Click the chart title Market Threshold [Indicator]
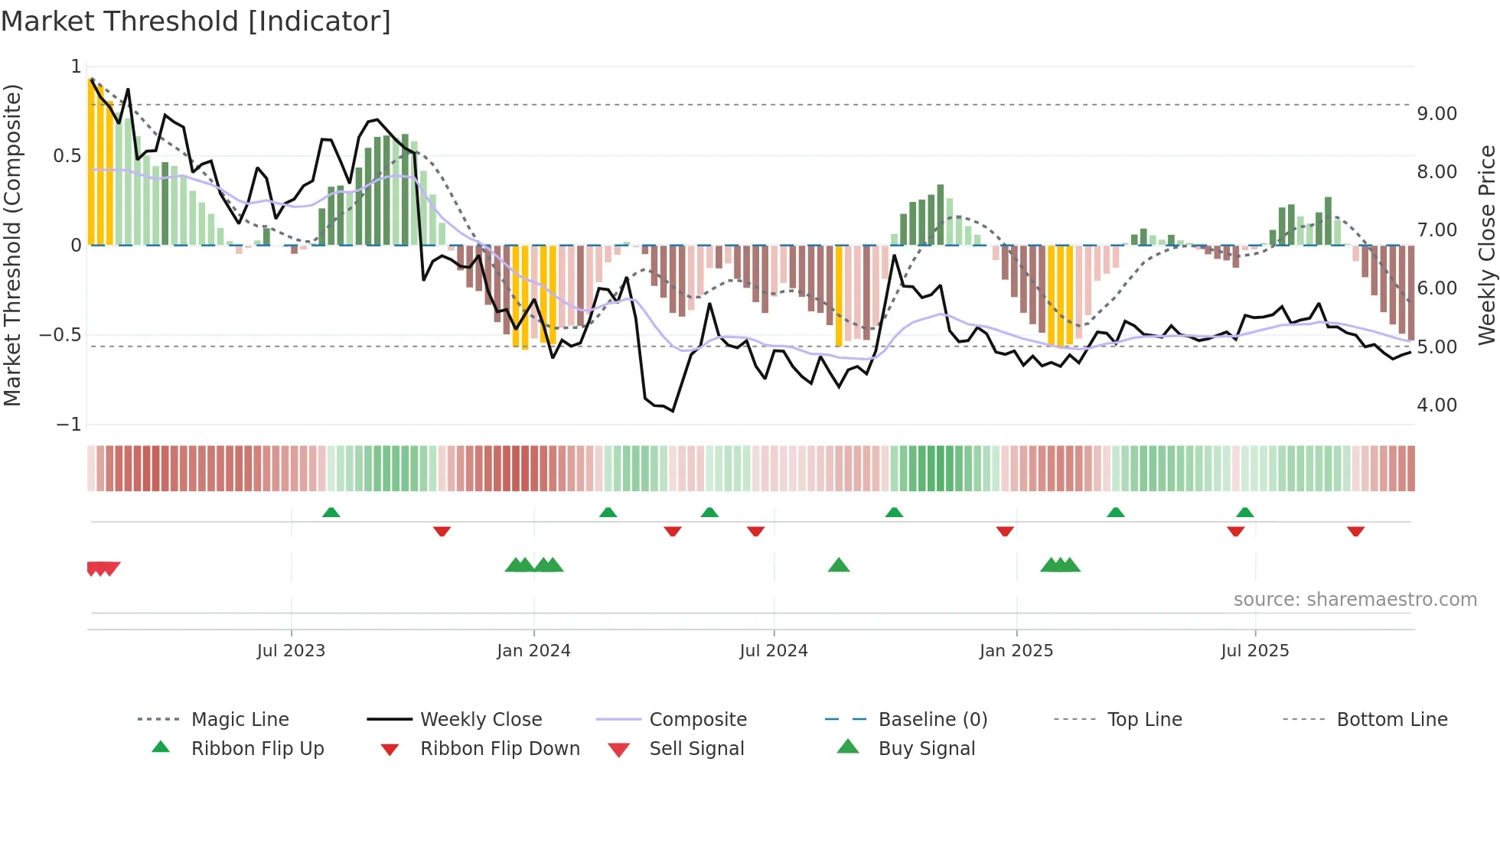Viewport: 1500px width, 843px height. point(196,21)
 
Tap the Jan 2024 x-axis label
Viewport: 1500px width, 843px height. point(533,651)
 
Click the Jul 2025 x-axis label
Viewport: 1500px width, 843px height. point(1254,651)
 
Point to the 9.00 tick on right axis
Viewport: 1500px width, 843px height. point(1436,114)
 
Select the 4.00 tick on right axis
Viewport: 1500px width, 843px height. point(1436,405)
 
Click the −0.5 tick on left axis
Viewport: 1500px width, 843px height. point(60,335)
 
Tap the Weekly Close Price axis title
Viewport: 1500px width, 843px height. point(1486,245)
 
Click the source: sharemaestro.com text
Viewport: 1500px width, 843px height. point(1355,600)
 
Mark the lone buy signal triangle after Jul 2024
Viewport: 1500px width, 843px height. point(839,565)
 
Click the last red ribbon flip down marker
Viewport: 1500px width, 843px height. point(1355,531)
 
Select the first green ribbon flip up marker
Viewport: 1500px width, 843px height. point(331,513)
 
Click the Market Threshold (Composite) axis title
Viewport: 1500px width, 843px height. point(12,245)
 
